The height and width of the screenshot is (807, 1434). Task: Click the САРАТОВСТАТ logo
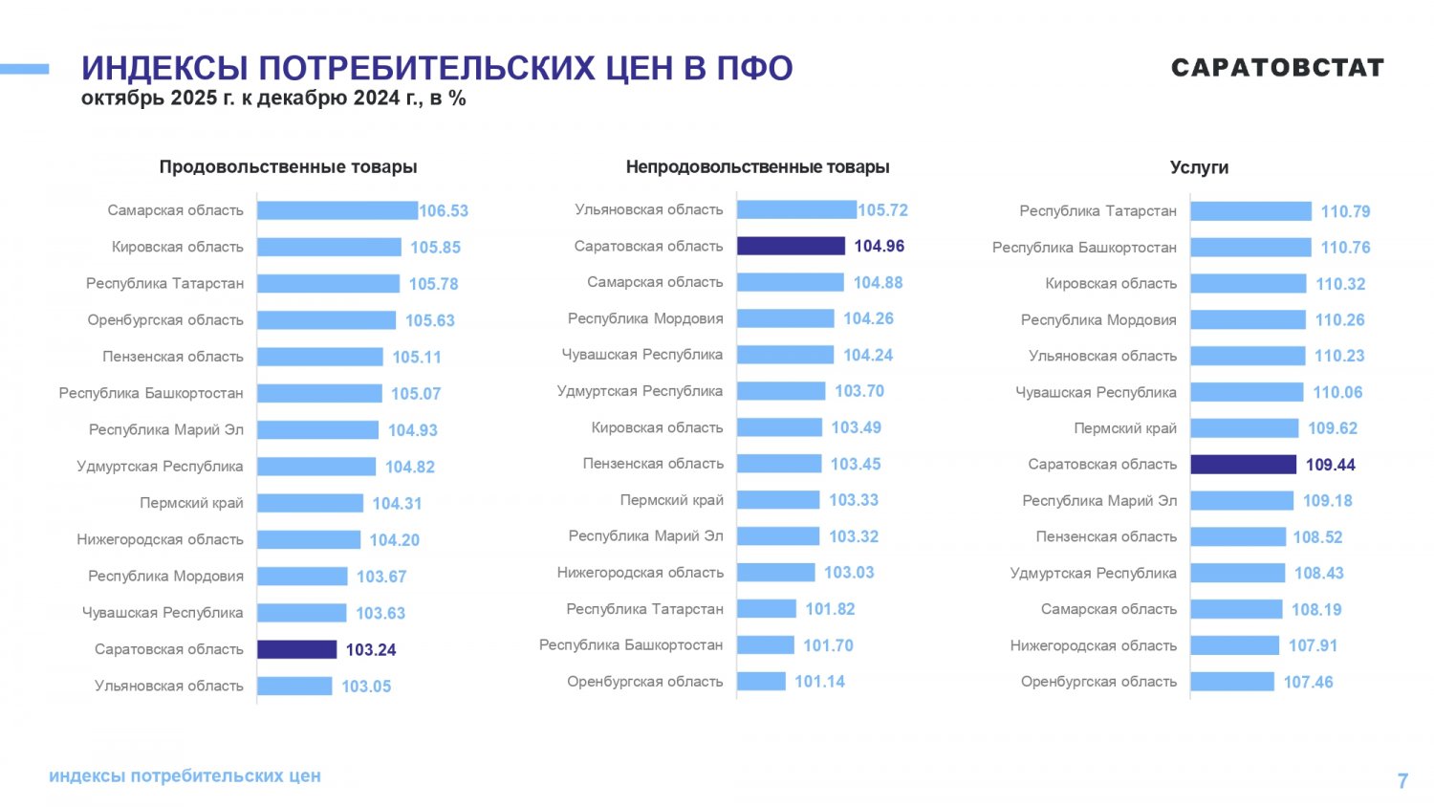(x=1277, y=68)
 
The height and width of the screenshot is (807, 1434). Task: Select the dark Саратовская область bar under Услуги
(x=1243, y=465)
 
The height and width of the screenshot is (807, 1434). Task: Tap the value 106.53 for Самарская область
(x=444, y=211)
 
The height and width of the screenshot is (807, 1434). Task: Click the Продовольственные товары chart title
(x=288, y=167)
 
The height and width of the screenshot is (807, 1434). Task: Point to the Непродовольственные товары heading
(x=757, y=167)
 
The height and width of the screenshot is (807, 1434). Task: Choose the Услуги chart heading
(x=1199, y=167)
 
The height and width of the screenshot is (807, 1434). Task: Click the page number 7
(x=1402, y=780)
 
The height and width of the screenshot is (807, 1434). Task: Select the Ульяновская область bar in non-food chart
(x=796, y=209)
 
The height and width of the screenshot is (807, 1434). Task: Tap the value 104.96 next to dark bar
(x=879, y=247)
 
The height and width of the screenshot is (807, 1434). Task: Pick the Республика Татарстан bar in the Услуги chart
(x=1250, y=211)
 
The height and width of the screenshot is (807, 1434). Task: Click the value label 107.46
(x=1308, y=682)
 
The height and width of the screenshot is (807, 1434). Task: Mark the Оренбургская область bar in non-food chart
(x=761, y=681)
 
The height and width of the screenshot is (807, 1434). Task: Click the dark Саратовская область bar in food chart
(x=296, y=649)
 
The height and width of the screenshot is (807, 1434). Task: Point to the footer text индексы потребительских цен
(x=185, y=775)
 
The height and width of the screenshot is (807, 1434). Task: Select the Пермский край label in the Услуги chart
(x=1124, y=428)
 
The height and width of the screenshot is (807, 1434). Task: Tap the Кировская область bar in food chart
(x=329, y=247)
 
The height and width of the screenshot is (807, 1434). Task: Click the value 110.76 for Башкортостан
(x=1345, y=248)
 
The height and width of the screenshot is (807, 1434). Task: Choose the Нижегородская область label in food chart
(x=160, y=539)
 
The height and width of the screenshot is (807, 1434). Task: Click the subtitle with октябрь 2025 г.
(x=273, y=98)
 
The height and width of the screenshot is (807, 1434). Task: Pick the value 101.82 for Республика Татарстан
(x=830, y=609)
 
